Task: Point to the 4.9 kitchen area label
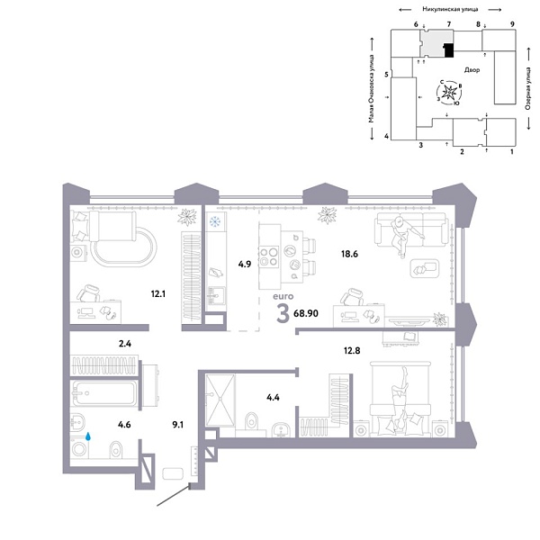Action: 244,265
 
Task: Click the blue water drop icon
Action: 89,436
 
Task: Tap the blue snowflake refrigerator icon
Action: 215,221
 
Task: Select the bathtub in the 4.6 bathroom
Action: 103,393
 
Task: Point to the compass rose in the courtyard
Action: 452,91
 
